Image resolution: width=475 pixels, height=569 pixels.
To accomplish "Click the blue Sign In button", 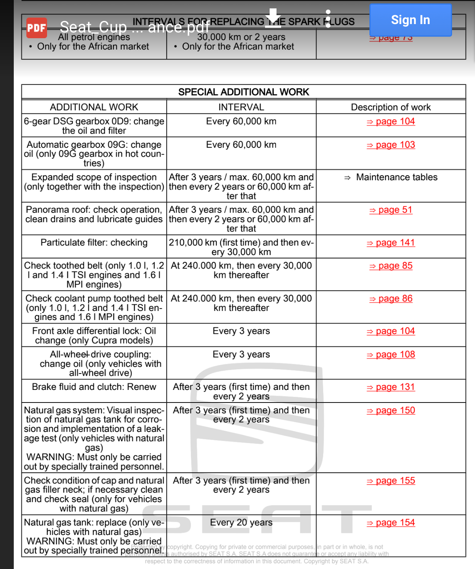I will coord(410,20).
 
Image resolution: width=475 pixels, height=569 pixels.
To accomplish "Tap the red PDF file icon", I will coord(37,28).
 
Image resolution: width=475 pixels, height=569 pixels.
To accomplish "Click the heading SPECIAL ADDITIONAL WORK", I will coord(244,92).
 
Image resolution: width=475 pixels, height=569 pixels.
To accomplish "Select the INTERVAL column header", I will coord(241,107).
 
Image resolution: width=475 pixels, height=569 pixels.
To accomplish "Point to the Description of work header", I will coord(391,107).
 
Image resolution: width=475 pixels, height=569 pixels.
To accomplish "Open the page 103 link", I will coord(391,145).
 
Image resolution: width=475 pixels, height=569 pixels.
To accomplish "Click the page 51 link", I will coord(391,210).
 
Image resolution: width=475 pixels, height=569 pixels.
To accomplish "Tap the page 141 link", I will coord(391,243).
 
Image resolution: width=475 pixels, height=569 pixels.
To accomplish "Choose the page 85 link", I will coord(391,266).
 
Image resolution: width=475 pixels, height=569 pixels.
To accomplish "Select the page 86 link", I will coord(391,299).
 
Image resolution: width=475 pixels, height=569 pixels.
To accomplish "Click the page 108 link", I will coord(391,355).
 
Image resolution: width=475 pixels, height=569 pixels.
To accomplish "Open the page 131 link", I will coord(391,387).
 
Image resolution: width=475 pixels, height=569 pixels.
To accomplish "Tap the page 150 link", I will coord(391,411).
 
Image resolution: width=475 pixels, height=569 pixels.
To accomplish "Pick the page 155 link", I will coord(391,481).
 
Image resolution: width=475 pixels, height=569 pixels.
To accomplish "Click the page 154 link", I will coord(391,523).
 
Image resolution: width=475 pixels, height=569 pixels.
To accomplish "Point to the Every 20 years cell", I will coord(241,522).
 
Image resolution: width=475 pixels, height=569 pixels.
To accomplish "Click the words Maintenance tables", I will coord(397,177).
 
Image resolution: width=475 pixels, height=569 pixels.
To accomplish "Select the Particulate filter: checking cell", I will coord(94,243).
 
